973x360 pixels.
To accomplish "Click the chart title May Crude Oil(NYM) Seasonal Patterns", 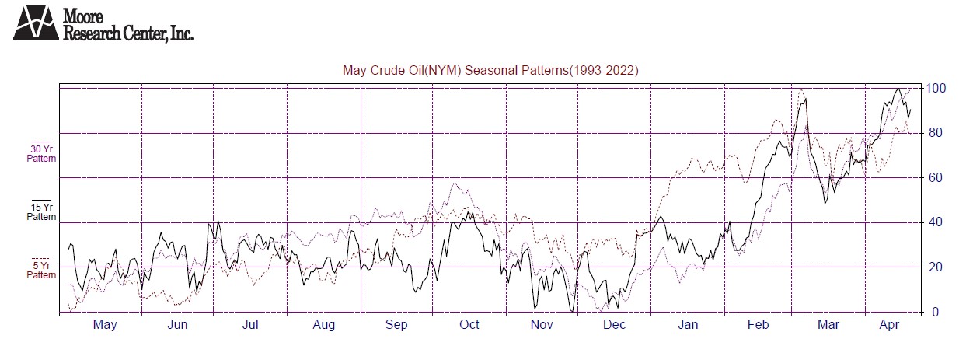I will [x=490, y=71].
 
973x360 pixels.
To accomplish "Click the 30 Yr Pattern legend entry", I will [x=42, y=152].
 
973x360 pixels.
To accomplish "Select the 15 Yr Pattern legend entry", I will [x=42, y=211].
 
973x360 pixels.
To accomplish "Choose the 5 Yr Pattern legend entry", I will [x=42, y=270].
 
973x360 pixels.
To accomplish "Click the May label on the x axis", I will [x=104, y=325].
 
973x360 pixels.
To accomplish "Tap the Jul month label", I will [x=250, y=325].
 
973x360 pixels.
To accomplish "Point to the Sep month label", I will [x=396, y=325].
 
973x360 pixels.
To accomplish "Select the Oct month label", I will [x=469, y=325].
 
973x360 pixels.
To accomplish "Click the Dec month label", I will [x=615, y=325].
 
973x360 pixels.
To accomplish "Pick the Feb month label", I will [x=760, y=325].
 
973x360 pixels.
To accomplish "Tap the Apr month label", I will [x=891, y=325].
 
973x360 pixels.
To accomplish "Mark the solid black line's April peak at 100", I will [x=898, y=89].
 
